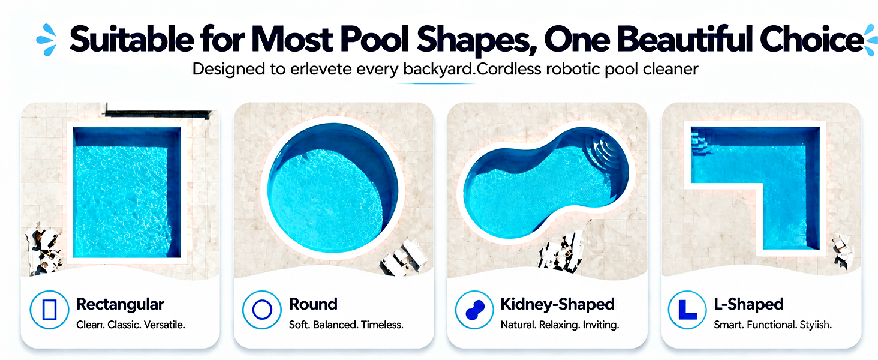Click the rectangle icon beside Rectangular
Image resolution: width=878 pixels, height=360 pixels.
49,310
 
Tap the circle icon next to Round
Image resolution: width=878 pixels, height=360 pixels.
262,310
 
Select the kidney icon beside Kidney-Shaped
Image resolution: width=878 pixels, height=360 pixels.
474,310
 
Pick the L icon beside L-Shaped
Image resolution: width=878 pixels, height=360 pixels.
687,310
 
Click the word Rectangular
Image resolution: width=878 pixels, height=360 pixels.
120,304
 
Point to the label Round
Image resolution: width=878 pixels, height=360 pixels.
313,304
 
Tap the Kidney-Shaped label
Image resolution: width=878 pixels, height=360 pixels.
557,305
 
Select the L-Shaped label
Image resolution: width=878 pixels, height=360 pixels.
748,305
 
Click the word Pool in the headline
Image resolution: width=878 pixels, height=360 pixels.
374,39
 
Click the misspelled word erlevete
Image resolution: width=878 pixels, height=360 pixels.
321,70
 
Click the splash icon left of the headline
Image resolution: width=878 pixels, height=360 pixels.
47,40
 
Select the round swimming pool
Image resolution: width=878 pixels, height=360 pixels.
333,188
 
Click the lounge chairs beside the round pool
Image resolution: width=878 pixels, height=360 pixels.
404,257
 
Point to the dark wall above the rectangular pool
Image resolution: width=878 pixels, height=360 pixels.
158,113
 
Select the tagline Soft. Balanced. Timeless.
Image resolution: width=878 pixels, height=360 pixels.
346,325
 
